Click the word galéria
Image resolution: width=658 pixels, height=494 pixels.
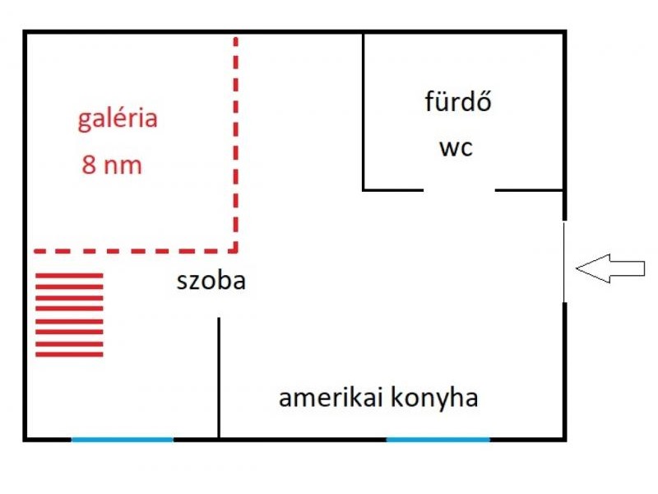click(x=118, y=120)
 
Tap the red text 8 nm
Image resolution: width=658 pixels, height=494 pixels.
click(x=112, y=165)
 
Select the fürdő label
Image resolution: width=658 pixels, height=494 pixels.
click(x=458, y=103)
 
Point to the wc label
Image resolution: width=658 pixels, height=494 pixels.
click(x=456, y=149)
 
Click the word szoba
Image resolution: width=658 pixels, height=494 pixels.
click(x=211, y=282)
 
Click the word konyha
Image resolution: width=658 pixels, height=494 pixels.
click(x=436, y=398)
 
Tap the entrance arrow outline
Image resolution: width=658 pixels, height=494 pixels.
click(x=609, y=268)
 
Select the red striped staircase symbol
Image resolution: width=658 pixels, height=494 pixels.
click(x=70, y=315)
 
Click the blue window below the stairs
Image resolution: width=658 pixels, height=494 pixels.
click(x=123, y=439)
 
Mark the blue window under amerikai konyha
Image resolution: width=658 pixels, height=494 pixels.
click(x=438, y=439)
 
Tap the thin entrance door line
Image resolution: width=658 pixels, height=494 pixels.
click(x=564, y=262)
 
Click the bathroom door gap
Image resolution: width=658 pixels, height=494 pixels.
click(x=459, y=190)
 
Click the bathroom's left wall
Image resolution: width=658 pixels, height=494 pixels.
click(x=364, y=111)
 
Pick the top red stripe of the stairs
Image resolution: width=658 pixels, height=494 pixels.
click(x=70, y=275)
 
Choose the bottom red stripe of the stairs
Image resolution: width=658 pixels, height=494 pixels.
click(x=70, y=355)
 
